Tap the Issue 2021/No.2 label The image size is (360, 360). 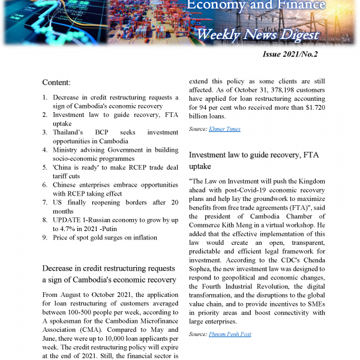pyautogui.click(x=290, y=54)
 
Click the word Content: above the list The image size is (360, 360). pyautogui.click(x=56, y=82)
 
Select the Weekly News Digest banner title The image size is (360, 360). pyautogui.click(x=257, y=34)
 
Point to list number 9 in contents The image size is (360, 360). pyautogui.click(x=45, y=237)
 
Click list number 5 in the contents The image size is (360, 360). pyautogui.click(x=45, y=167)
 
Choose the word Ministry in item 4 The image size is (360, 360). pyautogui.click(x=67, y=149)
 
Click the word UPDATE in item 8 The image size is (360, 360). pyautogui.click(x=69, y=220)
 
